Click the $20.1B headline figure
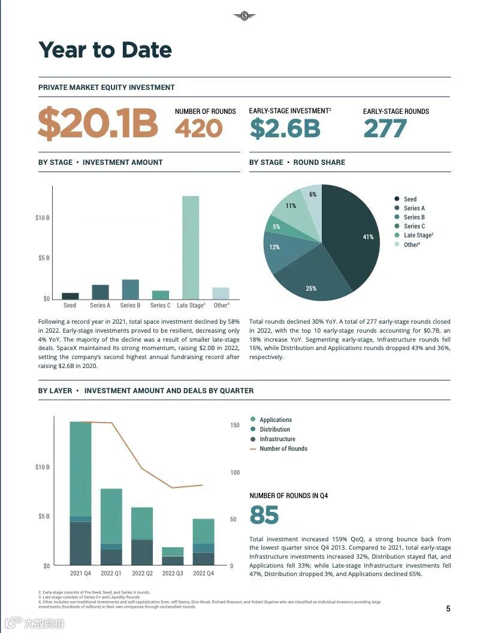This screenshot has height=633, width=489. pyautogui.click(x=98, y=123)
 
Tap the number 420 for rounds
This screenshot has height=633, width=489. pyautogui.click(x=198, y=128)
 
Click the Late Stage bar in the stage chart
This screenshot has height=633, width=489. pyautogui.click(x=191, y=247)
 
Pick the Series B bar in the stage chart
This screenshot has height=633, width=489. pyautogui.click(x=130, y=290)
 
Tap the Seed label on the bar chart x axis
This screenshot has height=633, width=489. pyautogui.click(x=70, y=306)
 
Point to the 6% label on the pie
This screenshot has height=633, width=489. pyautogui.click(x=313, y=195)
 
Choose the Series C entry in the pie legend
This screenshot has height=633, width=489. pyautogui.click(x=413, y=227)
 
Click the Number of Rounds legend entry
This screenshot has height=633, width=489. pyautogui.click(x=283, y=449)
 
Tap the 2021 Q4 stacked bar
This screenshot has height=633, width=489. pyautogui.click(x=80, y=493)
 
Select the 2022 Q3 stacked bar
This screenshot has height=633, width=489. pyautogui.click(x=173, y=556)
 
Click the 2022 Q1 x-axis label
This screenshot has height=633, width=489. pyautogui.click(x=111, y=574)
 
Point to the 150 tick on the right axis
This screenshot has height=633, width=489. pyautogui.click(x=235, y=426)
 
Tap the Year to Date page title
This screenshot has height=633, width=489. pyautogui.click(x=105, y=50)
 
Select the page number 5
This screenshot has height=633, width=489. pyautogui.click(x=448, y=609)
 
